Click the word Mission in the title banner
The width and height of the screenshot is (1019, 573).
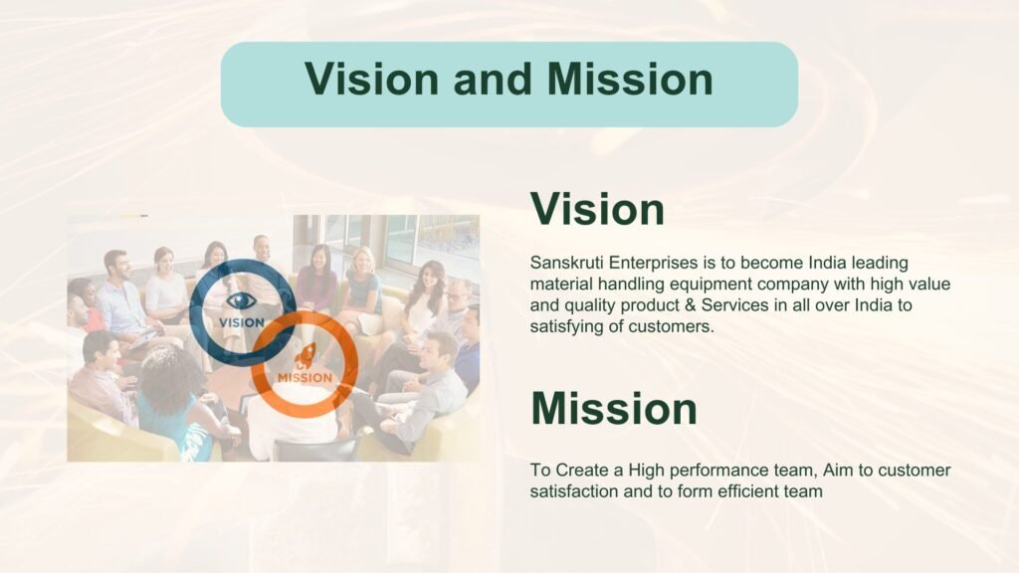(x=630, y=79)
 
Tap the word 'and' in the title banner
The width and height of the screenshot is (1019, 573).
(x=493, y=79)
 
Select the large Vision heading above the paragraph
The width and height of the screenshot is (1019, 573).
(x=597, y=209)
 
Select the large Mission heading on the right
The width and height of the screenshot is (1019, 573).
(x=613, y=408)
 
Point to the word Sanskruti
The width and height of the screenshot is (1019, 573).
(x=566, y=263)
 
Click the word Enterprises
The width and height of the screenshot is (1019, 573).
(x=653, y=263)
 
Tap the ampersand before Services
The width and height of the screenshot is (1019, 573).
(x=690, y=305)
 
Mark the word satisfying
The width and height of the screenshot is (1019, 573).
(x=566, y=326)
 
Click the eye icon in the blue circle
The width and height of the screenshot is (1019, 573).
(x=241, y=300)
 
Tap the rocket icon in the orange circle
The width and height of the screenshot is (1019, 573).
(x=305, y=356)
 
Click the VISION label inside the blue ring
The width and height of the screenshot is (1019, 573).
(x=242, y=322)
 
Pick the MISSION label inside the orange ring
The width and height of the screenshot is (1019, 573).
(x=305, y=377)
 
